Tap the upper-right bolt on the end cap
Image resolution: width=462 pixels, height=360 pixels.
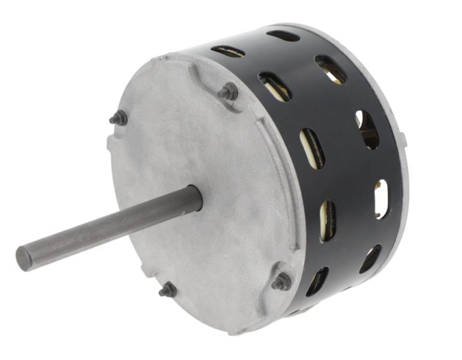pos(229,92)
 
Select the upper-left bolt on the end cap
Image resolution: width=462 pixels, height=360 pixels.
pos(119,118)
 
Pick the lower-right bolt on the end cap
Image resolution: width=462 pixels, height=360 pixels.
pos(281,281)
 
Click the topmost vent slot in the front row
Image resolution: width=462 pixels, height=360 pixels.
pos(228,52)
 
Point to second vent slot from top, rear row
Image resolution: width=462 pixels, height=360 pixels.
pos(331,70)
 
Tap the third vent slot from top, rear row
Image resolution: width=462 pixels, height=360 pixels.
pos(367,129)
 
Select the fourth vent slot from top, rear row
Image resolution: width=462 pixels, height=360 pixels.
pos(381,199)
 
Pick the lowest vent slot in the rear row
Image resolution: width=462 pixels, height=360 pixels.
pos(370,259)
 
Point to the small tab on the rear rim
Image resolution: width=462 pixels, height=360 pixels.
pos(403,142)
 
